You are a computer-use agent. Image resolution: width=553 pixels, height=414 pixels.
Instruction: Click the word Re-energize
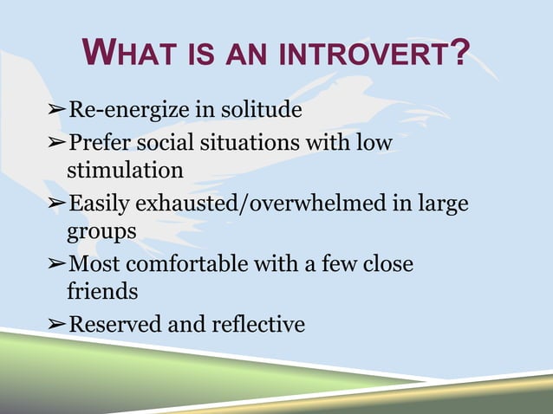point(127,111)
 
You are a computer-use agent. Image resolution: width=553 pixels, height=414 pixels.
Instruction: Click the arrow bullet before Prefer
point(56,142)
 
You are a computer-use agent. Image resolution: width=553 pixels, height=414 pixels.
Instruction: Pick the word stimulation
point(126,170)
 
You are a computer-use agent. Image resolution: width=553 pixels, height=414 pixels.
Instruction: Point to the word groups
point(101,232)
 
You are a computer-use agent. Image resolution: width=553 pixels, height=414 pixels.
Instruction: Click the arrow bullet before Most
point(56,263)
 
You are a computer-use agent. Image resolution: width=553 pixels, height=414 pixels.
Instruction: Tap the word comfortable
point(183,263)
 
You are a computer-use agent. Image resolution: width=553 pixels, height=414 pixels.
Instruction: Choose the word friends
point(102,292)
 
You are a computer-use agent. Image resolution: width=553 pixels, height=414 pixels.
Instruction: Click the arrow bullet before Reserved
point(56,325)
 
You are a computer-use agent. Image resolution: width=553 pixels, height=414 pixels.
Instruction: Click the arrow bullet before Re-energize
point(56,112)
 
